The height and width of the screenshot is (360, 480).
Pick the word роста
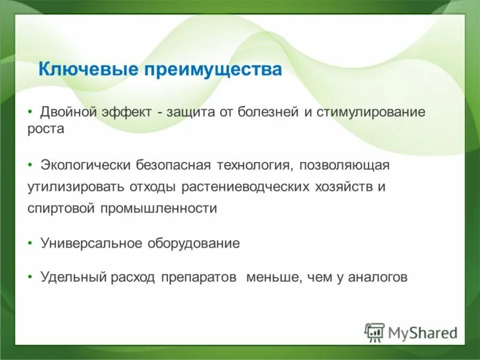point(45,129)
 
